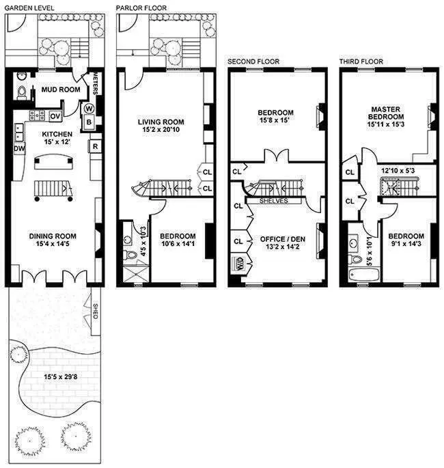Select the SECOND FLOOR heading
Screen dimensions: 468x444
point(250,61)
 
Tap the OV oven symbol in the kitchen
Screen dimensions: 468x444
point(54,115)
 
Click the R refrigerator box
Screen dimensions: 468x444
point(94,146)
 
